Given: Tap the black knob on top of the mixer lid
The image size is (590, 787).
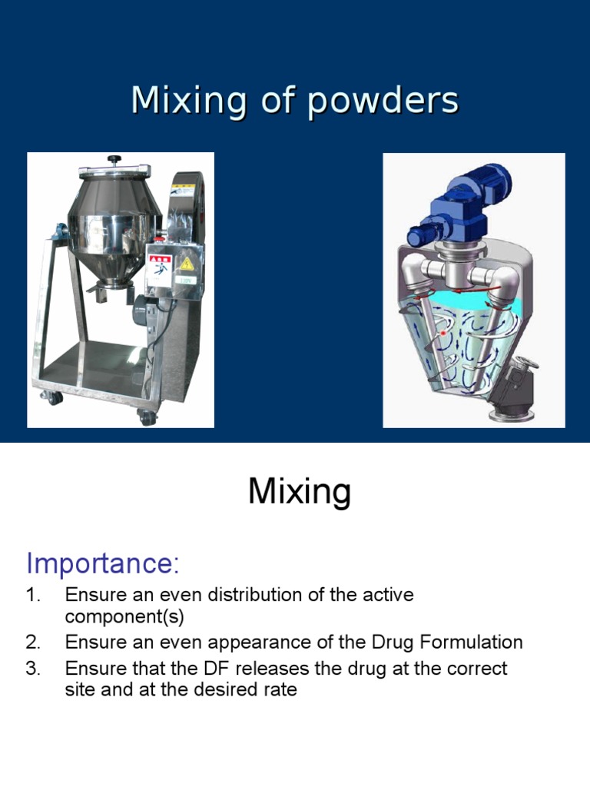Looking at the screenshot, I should coord(114,160).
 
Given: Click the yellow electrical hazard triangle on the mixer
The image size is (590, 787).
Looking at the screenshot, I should coord(186,264).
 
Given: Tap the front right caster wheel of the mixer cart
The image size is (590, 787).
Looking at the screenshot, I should coord(146,417).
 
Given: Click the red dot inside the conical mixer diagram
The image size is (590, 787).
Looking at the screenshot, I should coord(442,334).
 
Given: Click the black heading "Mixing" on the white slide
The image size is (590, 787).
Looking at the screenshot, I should coord(299,492).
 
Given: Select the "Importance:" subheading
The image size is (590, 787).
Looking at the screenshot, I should coord(103,563).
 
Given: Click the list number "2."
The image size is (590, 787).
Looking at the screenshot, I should coord(33,643).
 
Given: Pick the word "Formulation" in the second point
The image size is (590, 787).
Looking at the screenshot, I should coord(469,643).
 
